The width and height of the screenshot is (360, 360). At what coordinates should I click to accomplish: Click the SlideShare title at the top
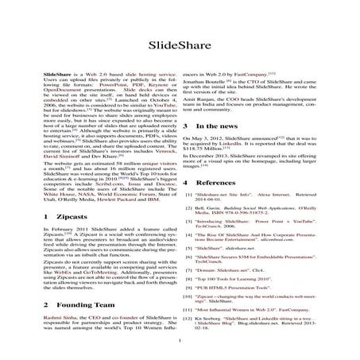click(180, 45)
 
